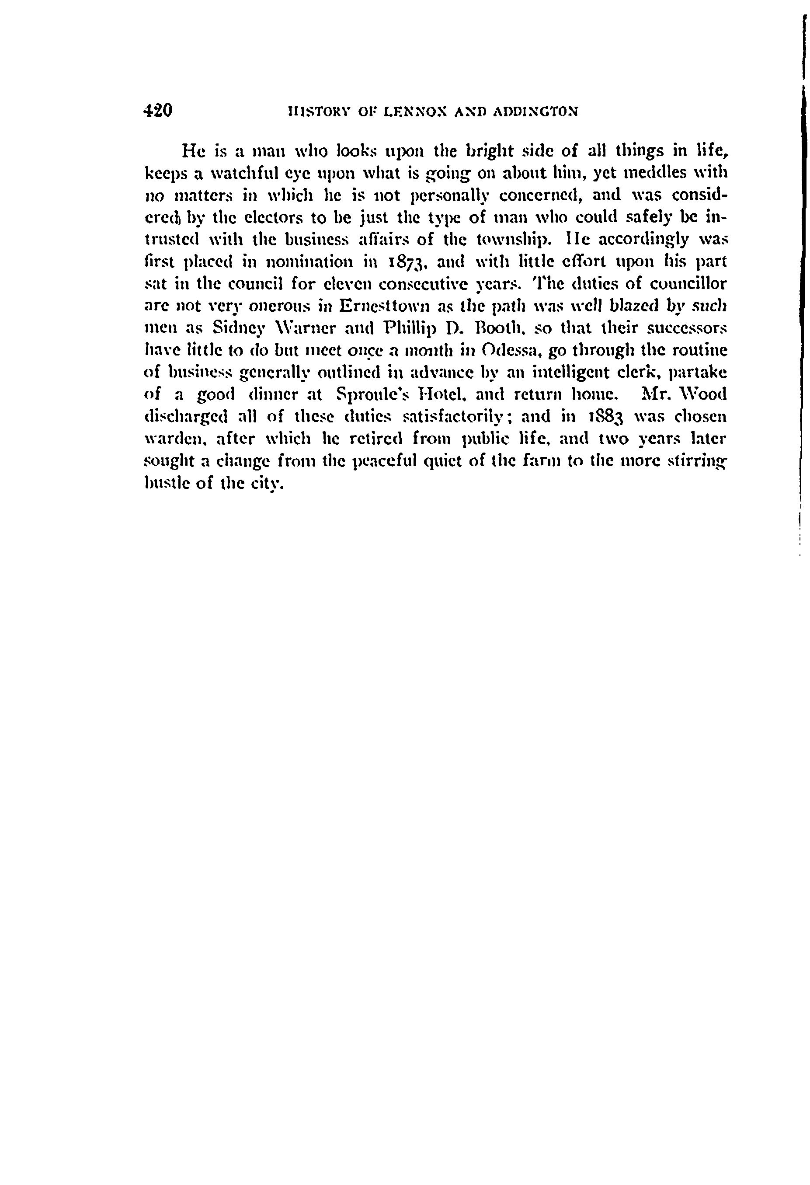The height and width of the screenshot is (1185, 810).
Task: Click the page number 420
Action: pos(159,110)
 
